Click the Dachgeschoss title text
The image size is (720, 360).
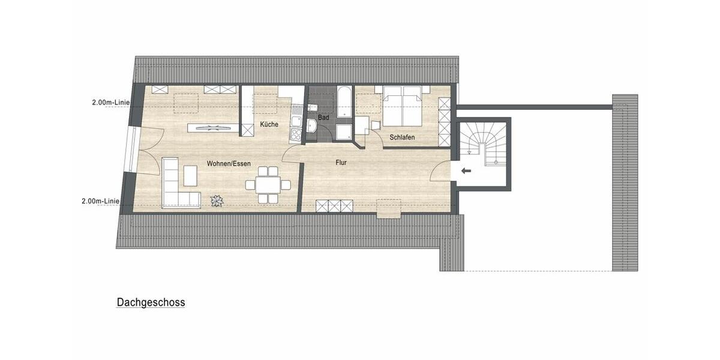coord(151,303)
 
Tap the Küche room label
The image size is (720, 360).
coord(268,124)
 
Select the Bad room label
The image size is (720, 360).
coord(323,118)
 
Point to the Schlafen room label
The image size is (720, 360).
coord(402,137)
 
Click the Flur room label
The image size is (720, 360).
coord(341,162)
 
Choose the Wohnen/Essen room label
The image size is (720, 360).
coord(229,163)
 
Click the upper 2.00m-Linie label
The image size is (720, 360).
coord(111,103)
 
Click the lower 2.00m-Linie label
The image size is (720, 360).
coord(100,202)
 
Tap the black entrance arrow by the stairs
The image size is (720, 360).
coord(466,171)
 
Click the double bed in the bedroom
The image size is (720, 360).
coord(402,104)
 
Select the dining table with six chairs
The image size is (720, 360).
coord(268,184)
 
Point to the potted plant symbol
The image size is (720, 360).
coord(216,201)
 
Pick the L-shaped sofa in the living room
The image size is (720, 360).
coord(175,186)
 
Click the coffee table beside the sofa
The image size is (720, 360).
coord(190,175)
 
